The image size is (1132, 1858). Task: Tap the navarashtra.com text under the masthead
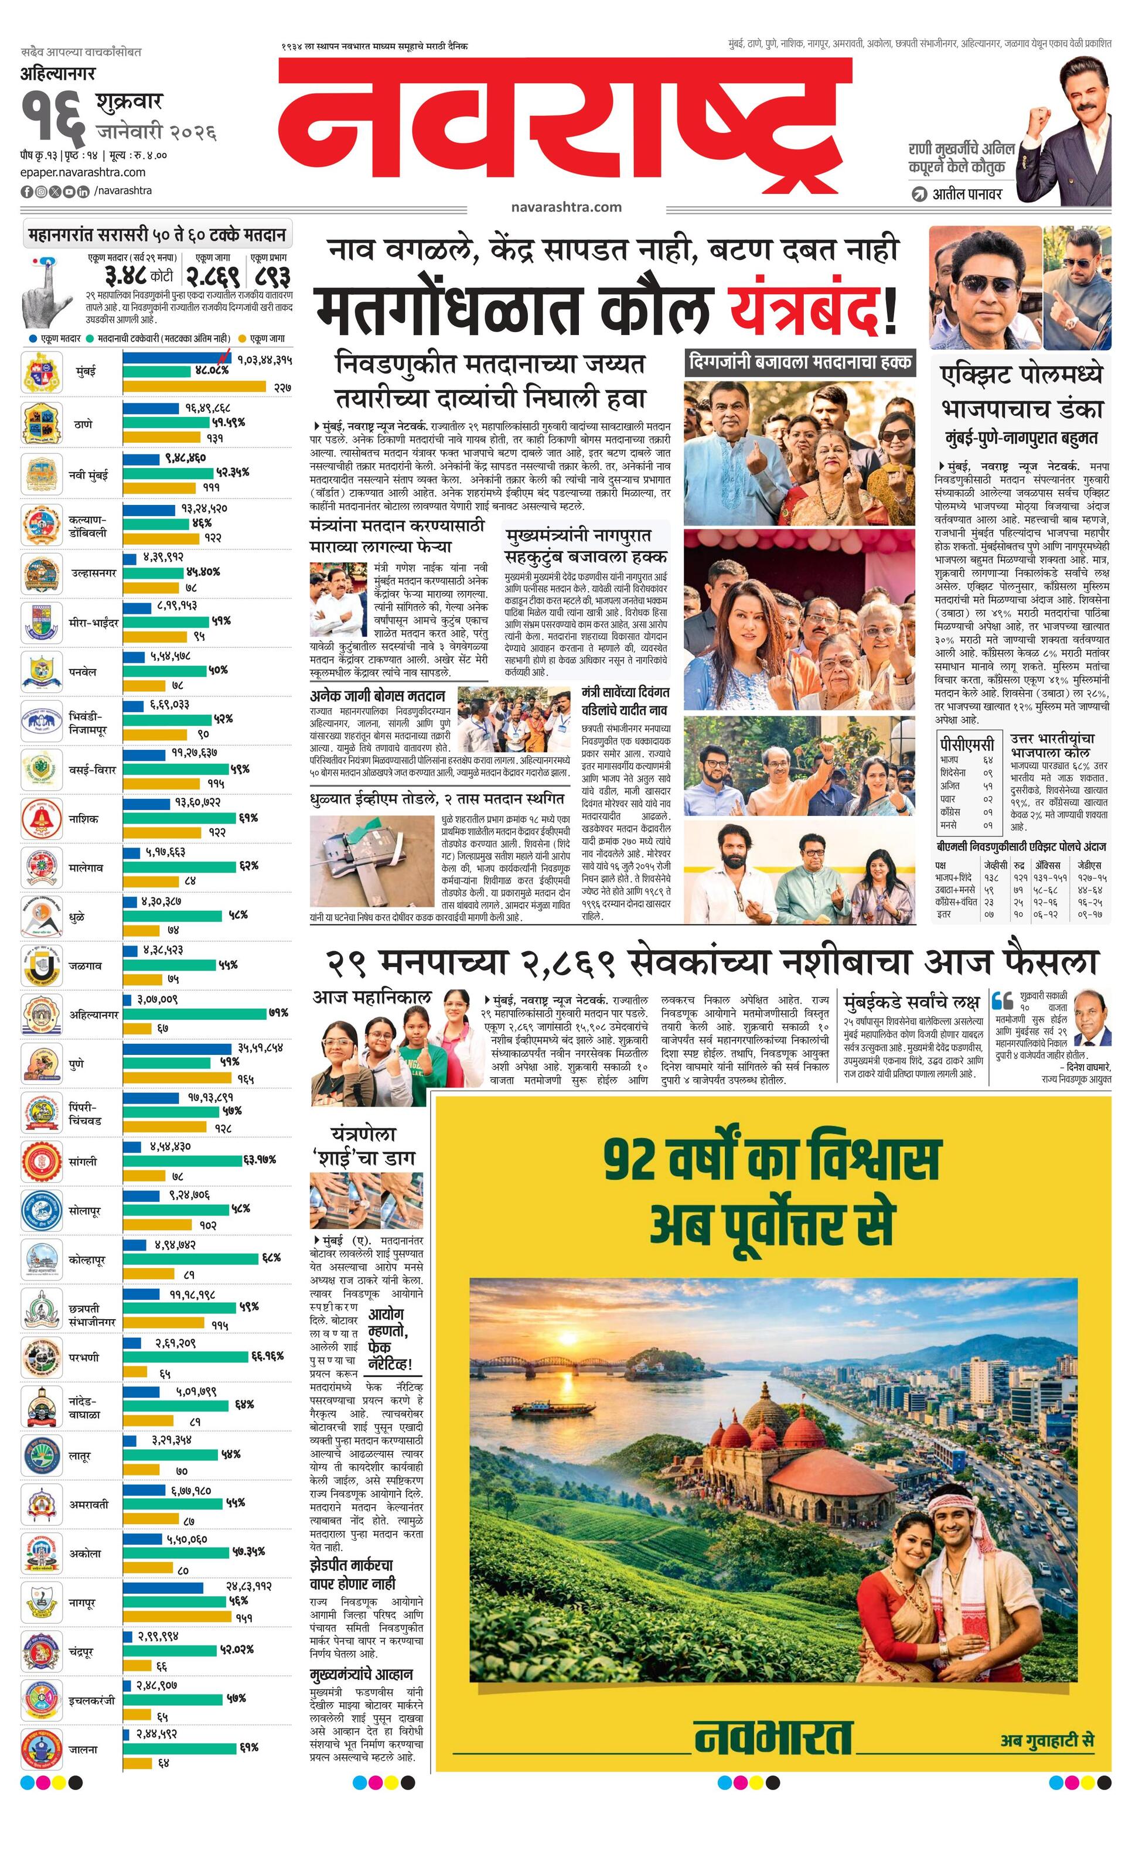[x=565, y=207]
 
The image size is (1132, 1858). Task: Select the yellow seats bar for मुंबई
[x=195, y=387]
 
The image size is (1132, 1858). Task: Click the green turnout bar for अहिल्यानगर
[x=195, y=1013]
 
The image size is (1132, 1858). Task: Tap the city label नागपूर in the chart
[x=82, y=1603]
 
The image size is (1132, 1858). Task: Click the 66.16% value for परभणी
[x=267, y=1356]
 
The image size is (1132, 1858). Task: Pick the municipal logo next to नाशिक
[x=42, y=818]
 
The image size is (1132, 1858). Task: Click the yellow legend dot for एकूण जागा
[x=243, y=339]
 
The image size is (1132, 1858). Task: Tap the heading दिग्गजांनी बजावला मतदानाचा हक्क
[x=799, y=362]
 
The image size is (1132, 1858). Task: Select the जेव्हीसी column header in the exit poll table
[x=995, y=865]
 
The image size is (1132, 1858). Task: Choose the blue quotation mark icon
[x=1003, y=1000]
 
